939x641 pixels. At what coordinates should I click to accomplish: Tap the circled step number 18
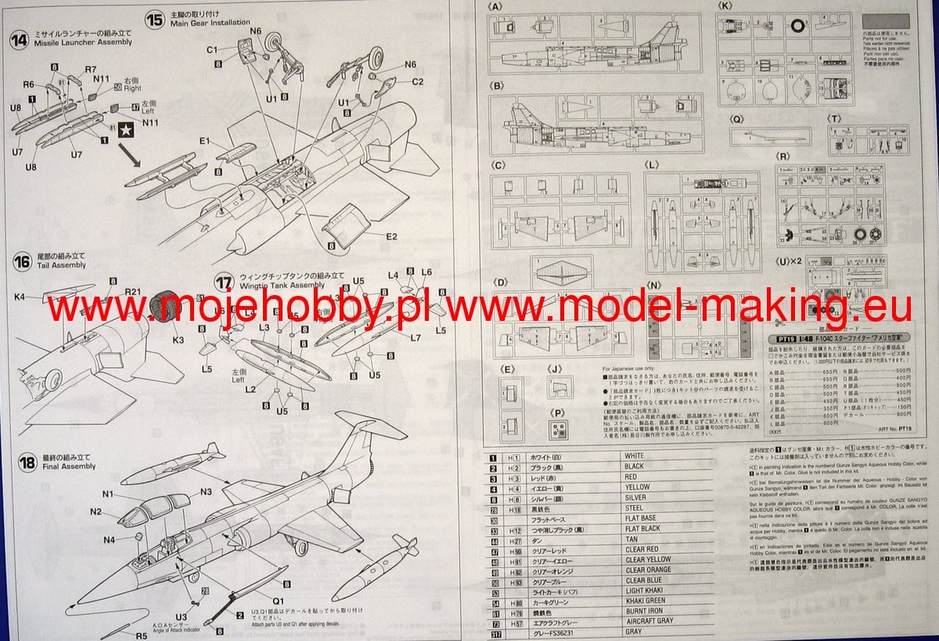27,463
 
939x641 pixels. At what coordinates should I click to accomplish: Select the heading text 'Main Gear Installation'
210,23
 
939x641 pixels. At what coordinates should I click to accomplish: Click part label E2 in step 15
391,236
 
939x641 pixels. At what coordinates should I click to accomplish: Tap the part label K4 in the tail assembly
20,297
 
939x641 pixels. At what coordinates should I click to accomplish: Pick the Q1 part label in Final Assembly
277,601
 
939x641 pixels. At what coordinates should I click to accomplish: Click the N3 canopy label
206,492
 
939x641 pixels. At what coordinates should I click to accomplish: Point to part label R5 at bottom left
142,636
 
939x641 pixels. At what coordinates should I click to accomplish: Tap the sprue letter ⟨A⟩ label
495,7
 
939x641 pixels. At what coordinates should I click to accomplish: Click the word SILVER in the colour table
635,497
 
